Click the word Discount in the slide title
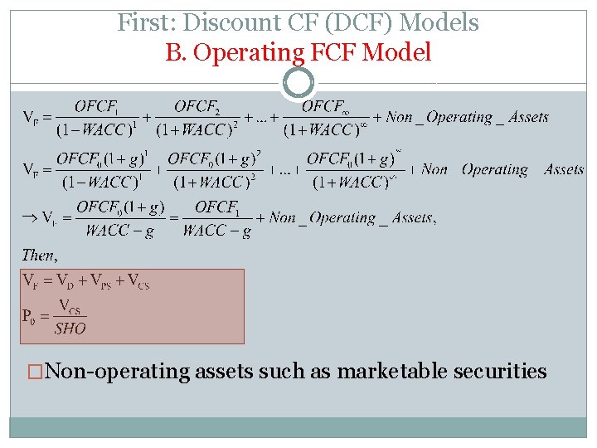tap(207, 22)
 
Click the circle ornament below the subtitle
tap(298, 82)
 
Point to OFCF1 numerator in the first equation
tap(97, 107)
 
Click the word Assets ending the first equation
tap(527, 118)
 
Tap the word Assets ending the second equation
tap(564, 169)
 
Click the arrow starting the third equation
tap(28, 217)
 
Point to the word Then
tap(38, 255)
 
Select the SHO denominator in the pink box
tap(70, 329)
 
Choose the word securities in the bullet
tap(500, 371)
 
